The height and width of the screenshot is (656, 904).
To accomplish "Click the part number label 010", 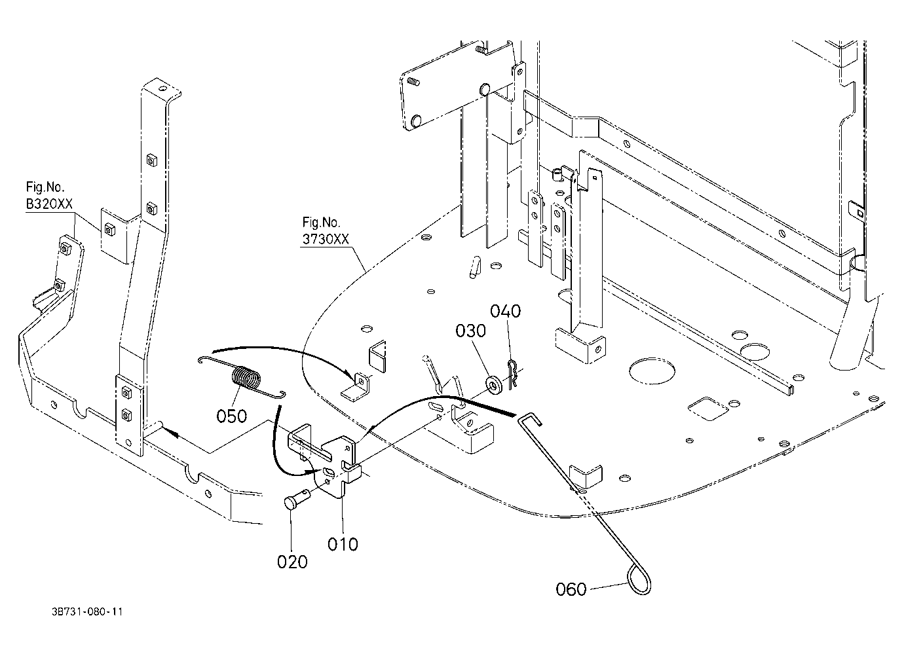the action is [343, 544].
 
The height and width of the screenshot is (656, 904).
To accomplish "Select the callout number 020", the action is [292, 562].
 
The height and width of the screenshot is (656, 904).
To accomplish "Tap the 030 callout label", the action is [470, 331].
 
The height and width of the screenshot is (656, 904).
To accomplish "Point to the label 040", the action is [505, 311].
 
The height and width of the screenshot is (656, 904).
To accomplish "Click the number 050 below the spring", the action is [232, 416].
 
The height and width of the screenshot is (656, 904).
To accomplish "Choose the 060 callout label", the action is [571, 589].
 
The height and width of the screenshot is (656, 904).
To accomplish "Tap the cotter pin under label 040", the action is [512, 374].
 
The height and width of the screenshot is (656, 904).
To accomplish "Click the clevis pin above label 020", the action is [297, 499].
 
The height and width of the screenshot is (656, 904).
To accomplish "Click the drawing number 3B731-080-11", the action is [87, 612].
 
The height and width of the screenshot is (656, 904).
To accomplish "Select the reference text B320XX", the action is [49, 204].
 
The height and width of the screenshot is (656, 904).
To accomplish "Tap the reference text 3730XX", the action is [326, 239].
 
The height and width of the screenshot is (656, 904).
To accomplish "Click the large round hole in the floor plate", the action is [652, 369].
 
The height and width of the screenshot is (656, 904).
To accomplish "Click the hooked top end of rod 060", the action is [529, 418].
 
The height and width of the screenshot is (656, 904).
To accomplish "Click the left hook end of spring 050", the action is [204, 359].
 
